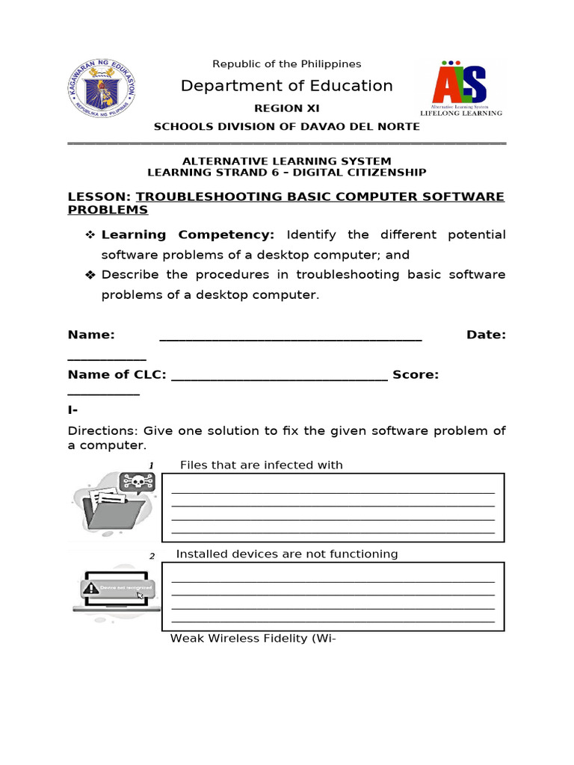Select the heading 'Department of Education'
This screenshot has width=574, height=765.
click(x=286, y=86)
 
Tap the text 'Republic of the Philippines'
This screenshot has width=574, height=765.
click(x=286, y=64)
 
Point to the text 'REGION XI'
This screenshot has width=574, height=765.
click(x=286, y=108)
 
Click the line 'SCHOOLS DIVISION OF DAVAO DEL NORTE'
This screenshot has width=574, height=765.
click(x=286, y=126)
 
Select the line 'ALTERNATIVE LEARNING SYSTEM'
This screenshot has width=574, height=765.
click(x=286, y=161)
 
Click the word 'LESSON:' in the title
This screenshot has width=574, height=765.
click(x=99, y=196)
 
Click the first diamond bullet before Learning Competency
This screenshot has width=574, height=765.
click(x=90, y=235)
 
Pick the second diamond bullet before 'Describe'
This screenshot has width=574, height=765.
click(x=90, y=275)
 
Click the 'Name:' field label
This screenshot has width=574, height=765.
click(x=91, y=335)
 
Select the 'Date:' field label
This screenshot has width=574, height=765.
click(x=486, y=335)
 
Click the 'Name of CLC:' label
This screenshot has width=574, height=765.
click(x=117, y=374)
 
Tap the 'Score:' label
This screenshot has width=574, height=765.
click(x=416, y=374)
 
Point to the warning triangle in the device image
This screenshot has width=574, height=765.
click(x=91, y=588)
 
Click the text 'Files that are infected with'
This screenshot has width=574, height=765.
click(x=261, y=465)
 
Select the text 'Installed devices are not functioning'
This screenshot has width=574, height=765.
click(x=286, y=554)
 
